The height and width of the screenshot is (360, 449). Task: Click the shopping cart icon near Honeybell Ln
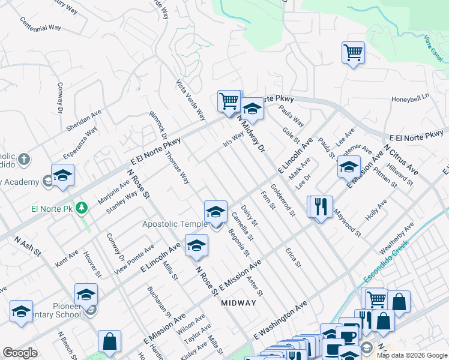pyautogui.click(x=353, y=52)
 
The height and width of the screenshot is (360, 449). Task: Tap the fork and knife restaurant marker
pyautogui.click(x=320, y=207)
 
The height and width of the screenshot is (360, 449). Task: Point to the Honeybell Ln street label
pyautogui.click(x=411, y=97)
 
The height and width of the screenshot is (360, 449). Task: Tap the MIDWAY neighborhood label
pyautogui.click(x=238, y=303)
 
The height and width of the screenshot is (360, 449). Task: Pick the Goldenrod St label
pyautogui.click(x=283, y=200)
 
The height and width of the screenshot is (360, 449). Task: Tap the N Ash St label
pyautogui.click(x=28, y=247)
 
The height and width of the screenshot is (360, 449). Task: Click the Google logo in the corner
pyautogui.click(x=20, y=353)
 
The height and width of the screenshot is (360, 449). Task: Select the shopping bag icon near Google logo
pyautogui.click(x=109, y=341)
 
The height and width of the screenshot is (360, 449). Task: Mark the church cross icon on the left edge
pyautogui.click(x=23, y=159)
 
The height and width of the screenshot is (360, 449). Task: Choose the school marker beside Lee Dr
pyautogui.click(x=348, y=167)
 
